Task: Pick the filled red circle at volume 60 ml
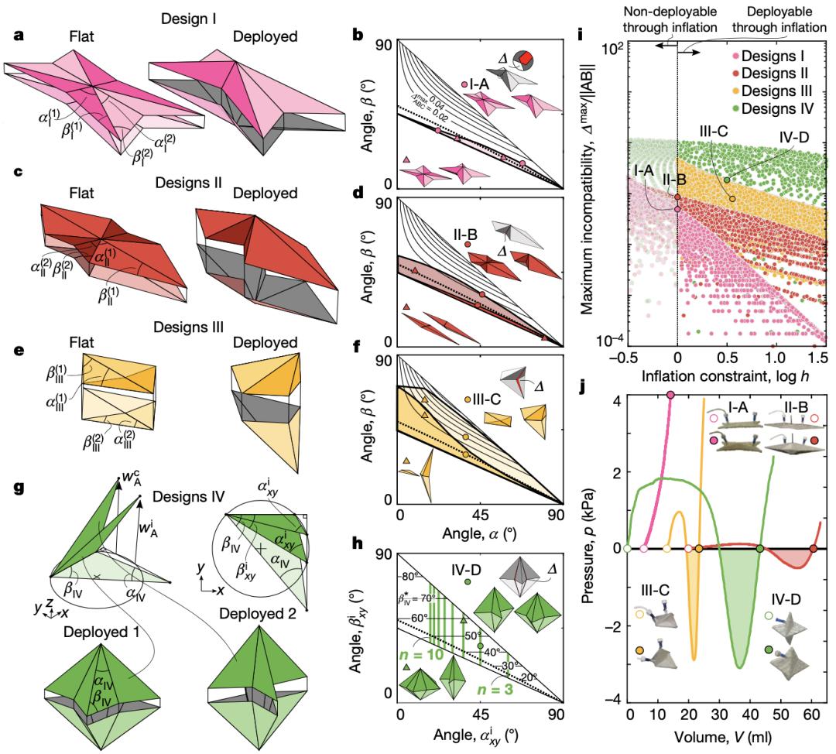point(813,549)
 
